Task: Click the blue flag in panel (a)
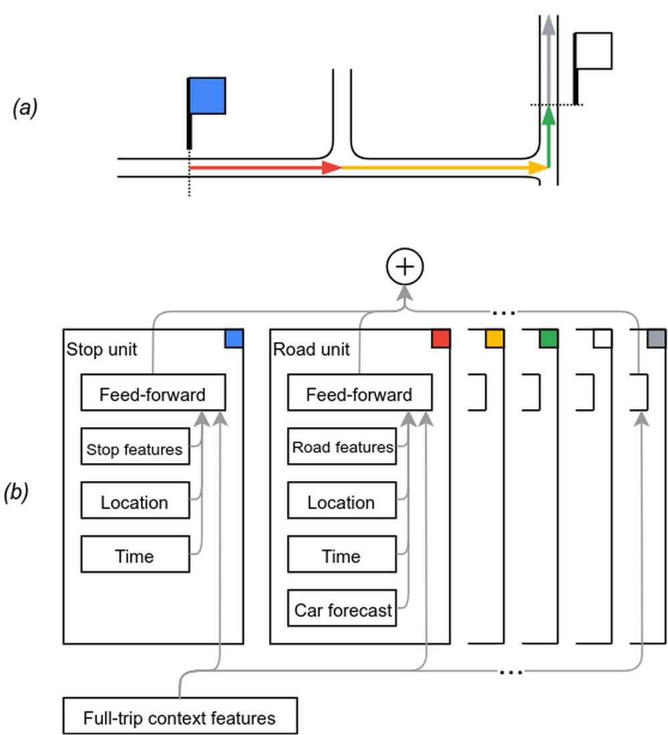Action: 207,96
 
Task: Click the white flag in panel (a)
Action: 593,51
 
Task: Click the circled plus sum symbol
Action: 405,267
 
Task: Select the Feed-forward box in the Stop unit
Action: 153,394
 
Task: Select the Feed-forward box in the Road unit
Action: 359,394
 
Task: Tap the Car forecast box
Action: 342,609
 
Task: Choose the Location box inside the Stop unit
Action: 134,502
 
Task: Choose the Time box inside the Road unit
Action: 341,556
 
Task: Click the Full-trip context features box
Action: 179,718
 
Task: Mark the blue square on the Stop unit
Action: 234,338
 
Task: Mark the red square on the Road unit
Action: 440,338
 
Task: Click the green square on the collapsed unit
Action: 548,338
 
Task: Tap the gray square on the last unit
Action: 657,338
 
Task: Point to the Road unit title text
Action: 311,349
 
